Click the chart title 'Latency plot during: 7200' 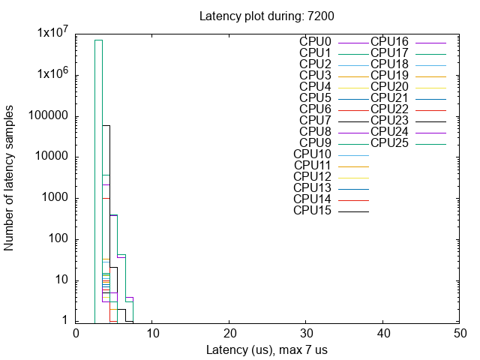pos(251,16)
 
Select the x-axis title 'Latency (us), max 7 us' pos(266,350)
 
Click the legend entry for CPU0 pos(315,41)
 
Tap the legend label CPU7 pos(315,120)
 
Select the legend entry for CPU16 pos(389,41)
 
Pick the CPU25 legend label pos(389,142)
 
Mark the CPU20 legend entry pos(389,86)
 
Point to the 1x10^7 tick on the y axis pos(53,34)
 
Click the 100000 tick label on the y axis pos(49,116)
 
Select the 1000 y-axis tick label pos(55,198)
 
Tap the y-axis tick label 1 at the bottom pos(67,321)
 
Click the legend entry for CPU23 pos(389,120)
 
